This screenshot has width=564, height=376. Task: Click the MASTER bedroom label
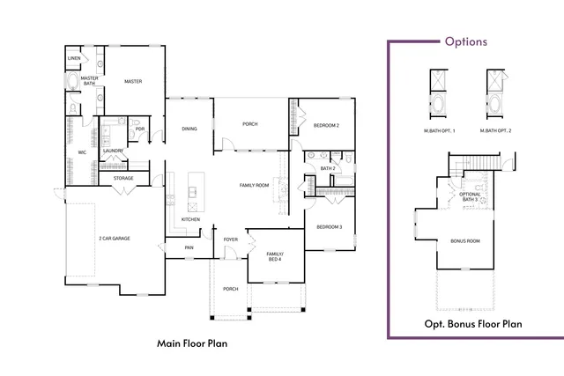coord(133,82)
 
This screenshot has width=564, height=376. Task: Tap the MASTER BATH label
coord(89,81)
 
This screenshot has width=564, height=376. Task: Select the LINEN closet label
coord(73,59)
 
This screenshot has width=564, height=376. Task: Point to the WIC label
coord(82,152)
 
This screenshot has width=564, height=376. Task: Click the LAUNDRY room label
coord(112,151)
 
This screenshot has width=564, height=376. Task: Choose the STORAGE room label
coord(123,179)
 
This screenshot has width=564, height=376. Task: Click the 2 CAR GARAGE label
coord(115,238)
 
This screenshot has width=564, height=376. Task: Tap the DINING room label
coord(189,129)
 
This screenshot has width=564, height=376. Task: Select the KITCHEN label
coord(191,219)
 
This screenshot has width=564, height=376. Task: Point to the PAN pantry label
coord(189,247)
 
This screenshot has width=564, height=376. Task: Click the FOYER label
coord(230,239)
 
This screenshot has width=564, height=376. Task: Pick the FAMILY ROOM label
coord(255,185)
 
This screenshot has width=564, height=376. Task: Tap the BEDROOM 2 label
coord(326,126)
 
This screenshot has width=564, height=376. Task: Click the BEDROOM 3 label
coord(329,226)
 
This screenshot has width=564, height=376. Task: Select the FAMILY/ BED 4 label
coord(275,256)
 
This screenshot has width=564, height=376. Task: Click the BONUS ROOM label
coord(464,240)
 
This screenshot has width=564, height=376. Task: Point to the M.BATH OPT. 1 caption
coord(438,131)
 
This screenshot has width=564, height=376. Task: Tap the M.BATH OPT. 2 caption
coord(495,131)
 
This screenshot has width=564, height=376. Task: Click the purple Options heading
coord(465,41)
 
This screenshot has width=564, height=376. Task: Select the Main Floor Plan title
coord(192,343)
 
